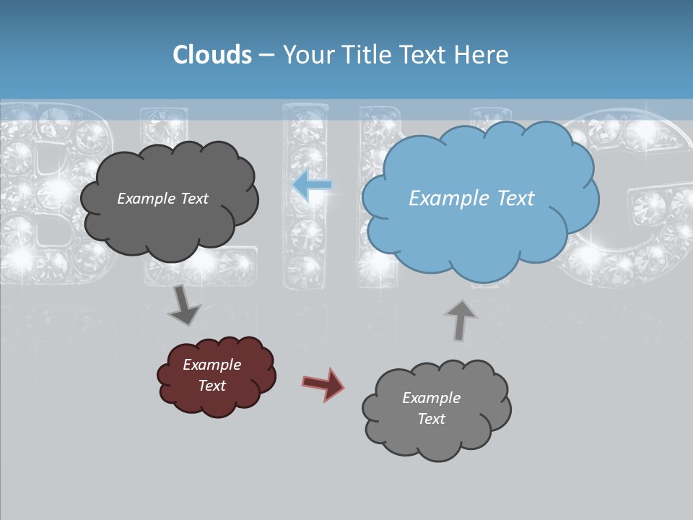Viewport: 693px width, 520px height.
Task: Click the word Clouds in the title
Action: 212,55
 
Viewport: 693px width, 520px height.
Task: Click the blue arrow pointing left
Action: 313,186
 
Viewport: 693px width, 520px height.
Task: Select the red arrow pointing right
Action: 323,383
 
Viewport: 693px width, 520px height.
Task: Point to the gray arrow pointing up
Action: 461,319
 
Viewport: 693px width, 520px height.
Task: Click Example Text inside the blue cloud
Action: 471,199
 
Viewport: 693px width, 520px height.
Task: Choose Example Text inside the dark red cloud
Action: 212,376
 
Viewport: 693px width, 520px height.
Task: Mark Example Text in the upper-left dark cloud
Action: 163,199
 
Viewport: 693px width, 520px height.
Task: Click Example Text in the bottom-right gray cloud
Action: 432,408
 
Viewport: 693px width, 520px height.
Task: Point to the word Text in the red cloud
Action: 212,386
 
